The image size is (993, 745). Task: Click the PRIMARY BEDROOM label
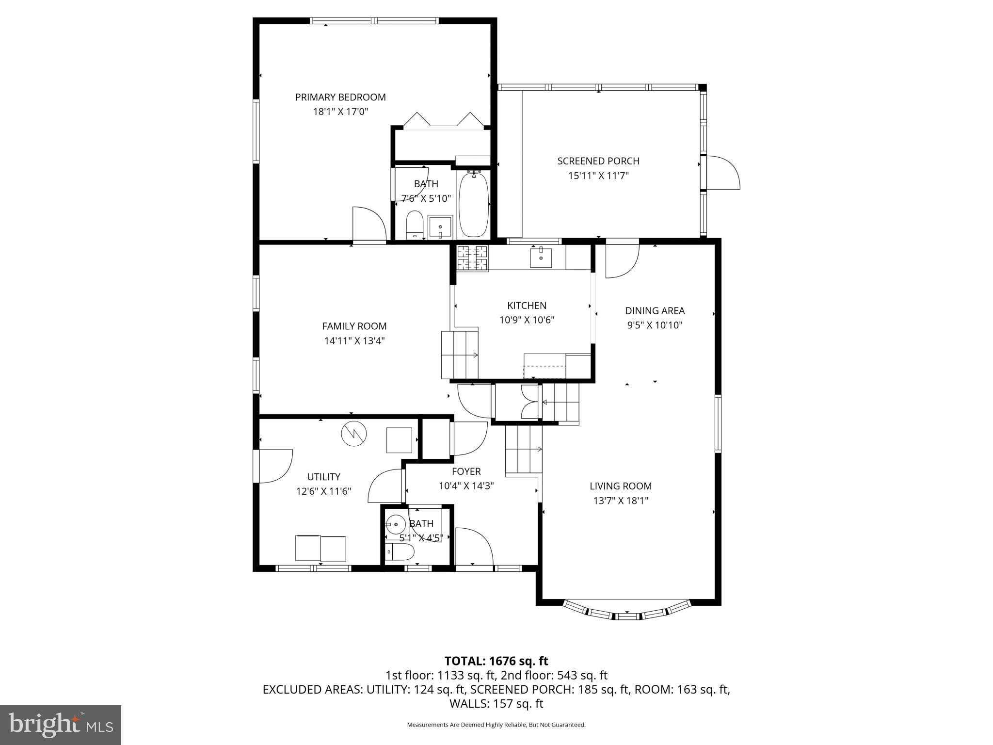pos(340,97)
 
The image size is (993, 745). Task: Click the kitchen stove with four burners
pos(472,258)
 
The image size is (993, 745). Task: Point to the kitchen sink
pos(541,258)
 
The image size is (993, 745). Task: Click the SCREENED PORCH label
pos(598,161)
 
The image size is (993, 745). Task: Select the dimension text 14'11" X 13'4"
pos(354,341)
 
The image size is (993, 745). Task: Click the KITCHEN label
pos(527,306)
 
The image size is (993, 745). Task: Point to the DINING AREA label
pos(655,311)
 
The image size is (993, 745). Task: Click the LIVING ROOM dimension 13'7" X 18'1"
pos(620,501)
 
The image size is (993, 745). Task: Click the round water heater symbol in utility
pos(353,433)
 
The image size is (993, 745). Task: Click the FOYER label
pos(466,471)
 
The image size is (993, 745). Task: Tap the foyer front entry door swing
pos(473,546)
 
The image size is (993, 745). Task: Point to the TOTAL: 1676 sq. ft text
pos(496,661)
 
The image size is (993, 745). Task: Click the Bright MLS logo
pos(61,725)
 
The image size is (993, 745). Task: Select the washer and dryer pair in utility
pos(320,548)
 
